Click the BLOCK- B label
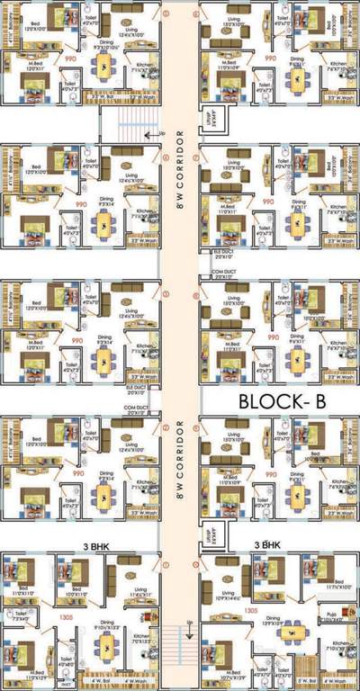[280, 401]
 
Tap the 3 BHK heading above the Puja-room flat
[268, 545]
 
